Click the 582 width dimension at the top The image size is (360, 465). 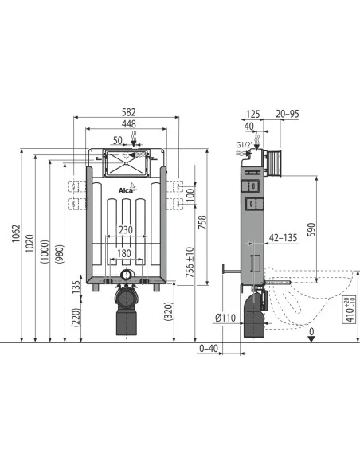[x=127, y=113]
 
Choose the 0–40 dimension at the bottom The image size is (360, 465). [x=209, y=349]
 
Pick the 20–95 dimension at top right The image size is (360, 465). [x=288, y=113]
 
